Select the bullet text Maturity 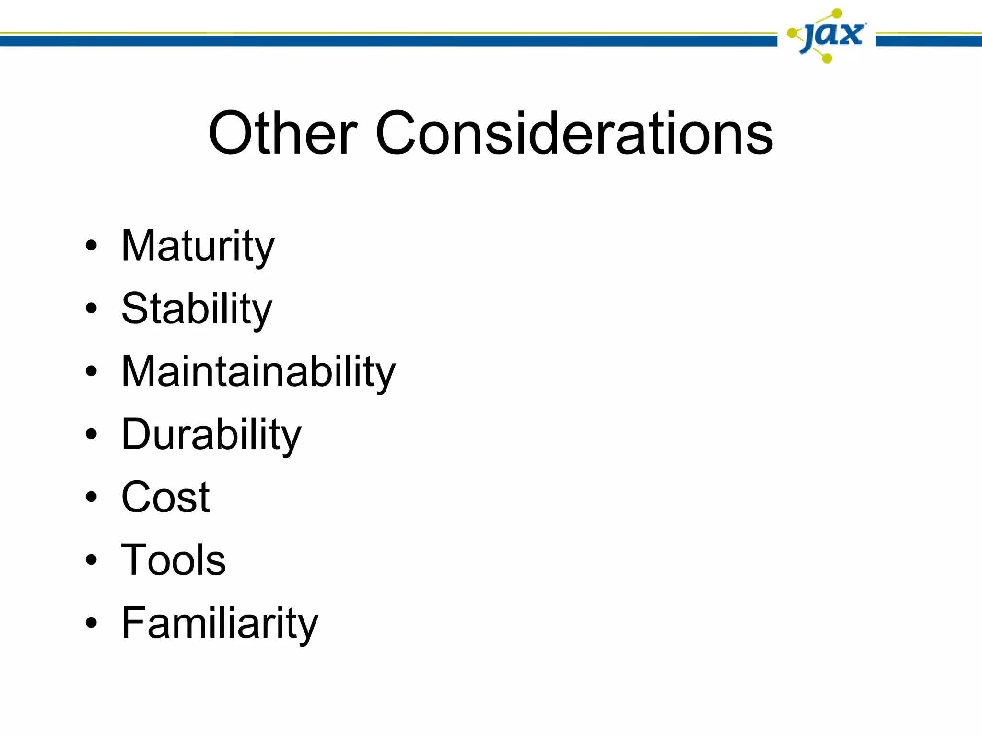pyautogui.click(x=198, y=246)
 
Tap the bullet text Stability pyautogui.click(x=197, y=309)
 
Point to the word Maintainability pyautogui.click(x=258, y=371)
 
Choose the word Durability pyautogui.click(x=211, y=434)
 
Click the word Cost pyautogui.click(x=165, y=497)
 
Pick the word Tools pyautogui.click(x=173, y=560)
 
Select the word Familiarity pyautogui.click(x=220, y=623)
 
